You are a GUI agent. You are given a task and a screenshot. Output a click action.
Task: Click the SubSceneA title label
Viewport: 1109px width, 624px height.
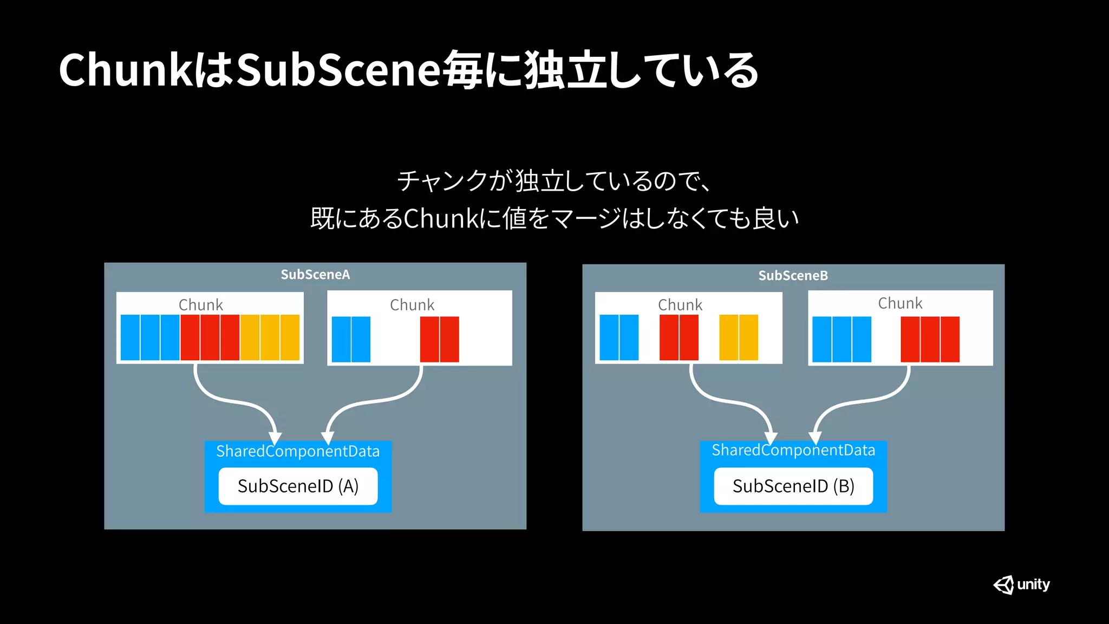coord(315,275)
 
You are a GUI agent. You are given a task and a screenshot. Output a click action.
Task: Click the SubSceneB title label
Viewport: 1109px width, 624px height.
coord(793,276)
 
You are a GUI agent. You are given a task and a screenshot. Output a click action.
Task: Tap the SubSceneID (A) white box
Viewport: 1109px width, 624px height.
coord(298,486)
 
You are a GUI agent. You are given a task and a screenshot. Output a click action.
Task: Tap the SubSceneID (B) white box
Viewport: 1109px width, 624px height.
coord(793,486)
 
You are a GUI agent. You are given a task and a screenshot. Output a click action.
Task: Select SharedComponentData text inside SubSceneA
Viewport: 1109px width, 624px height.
coord(298,451)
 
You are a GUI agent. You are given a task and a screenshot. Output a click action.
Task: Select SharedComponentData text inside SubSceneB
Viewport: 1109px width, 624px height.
coord(793,450)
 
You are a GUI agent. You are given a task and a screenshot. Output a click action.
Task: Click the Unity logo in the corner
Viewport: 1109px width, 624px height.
coord(1021,584)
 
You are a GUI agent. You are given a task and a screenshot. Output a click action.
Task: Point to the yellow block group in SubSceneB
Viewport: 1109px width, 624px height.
coord(738,337)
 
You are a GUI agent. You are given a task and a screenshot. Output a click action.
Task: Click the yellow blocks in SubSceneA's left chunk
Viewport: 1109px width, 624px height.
coord(270,337)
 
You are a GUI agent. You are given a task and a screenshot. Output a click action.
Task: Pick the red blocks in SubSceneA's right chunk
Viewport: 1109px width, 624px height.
coord(439,339)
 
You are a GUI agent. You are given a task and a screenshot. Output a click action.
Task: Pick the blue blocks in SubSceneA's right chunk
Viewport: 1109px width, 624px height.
coord(351,339)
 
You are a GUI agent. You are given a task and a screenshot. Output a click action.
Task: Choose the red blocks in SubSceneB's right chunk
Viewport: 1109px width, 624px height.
coord(930,339)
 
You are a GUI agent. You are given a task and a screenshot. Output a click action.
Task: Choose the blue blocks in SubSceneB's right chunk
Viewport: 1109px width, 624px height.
coord(841,339)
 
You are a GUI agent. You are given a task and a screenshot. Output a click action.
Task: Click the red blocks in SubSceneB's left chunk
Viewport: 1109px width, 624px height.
coord(679,337)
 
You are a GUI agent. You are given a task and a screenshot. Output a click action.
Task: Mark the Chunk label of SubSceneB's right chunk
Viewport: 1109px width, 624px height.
coord(900,303)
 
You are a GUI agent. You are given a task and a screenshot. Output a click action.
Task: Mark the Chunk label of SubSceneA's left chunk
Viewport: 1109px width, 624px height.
coord(201,305)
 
